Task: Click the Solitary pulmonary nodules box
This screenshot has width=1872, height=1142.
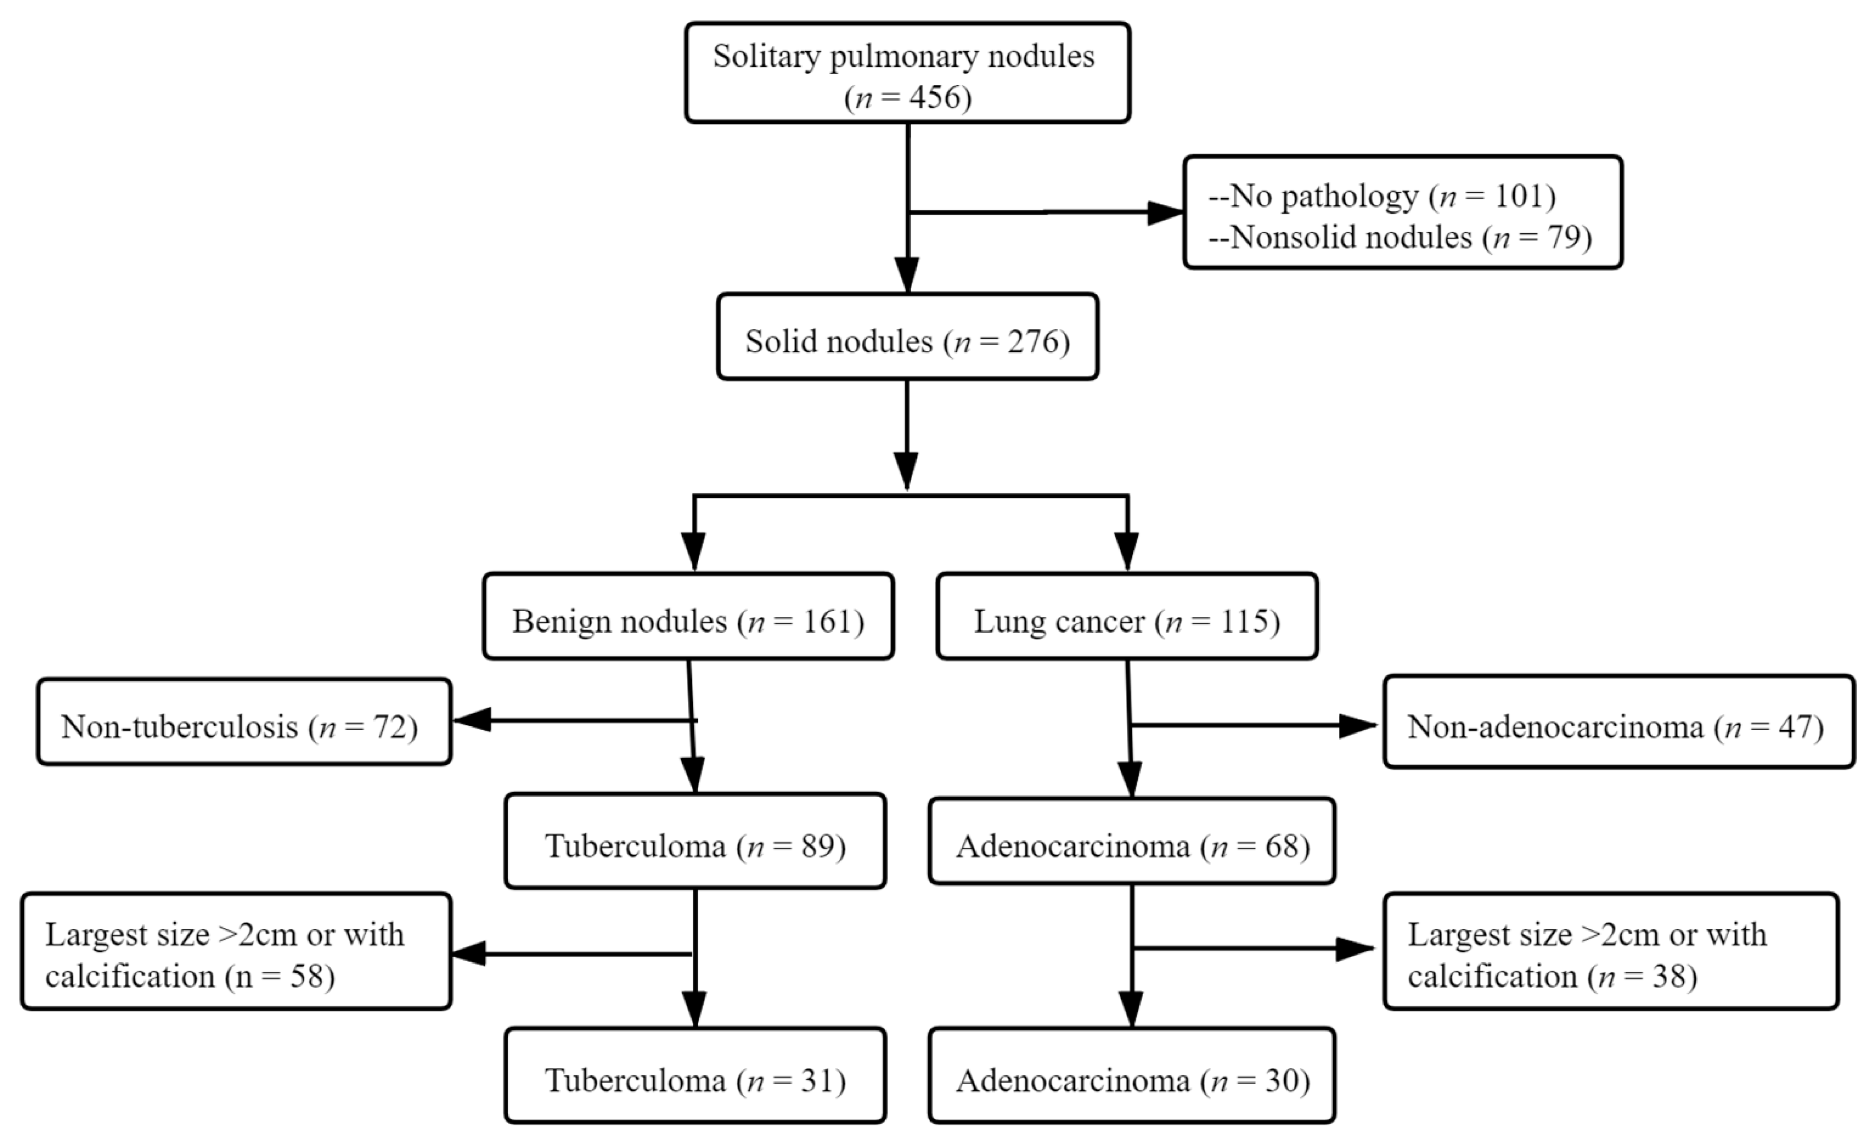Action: (x=907, y=73)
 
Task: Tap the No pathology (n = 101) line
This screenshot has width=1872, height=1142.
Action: (x=1381, y=196)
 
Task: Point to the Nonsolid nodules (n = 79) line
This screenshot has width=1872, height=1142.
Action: (x=1399, y=238)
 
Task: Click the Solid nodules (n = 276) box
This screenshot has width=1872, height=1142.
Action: (x=907, y=341)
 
